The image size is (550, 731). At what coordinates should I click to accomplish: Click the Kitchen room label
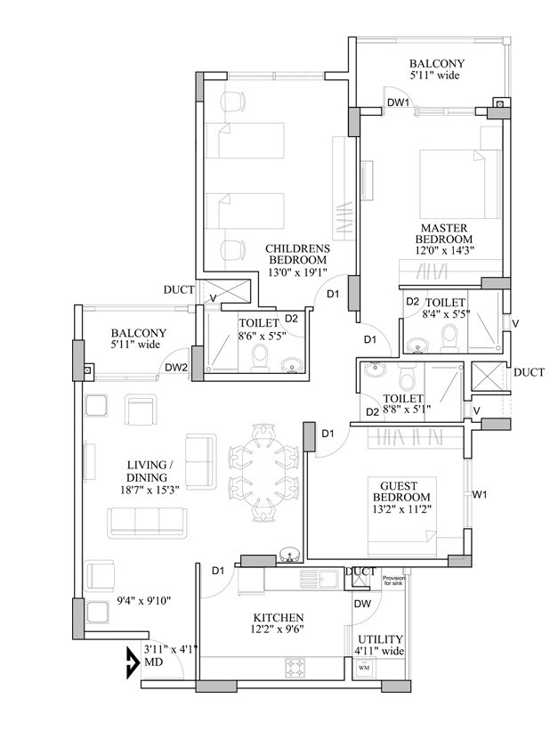click(278, 617)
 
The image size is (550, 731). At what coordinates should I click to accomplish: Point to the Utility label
click(379, 639)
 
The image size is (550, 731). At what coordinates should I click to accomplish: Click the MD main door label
click(153, 662)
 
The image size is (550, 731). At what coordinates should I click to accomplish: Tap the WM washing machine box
click(364, 667)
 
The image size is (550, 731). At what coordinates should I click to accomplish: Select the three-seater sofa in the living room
click(144, 523)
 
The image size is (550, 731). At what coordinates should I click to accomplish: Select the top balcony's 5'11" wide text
click(436, 77)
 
